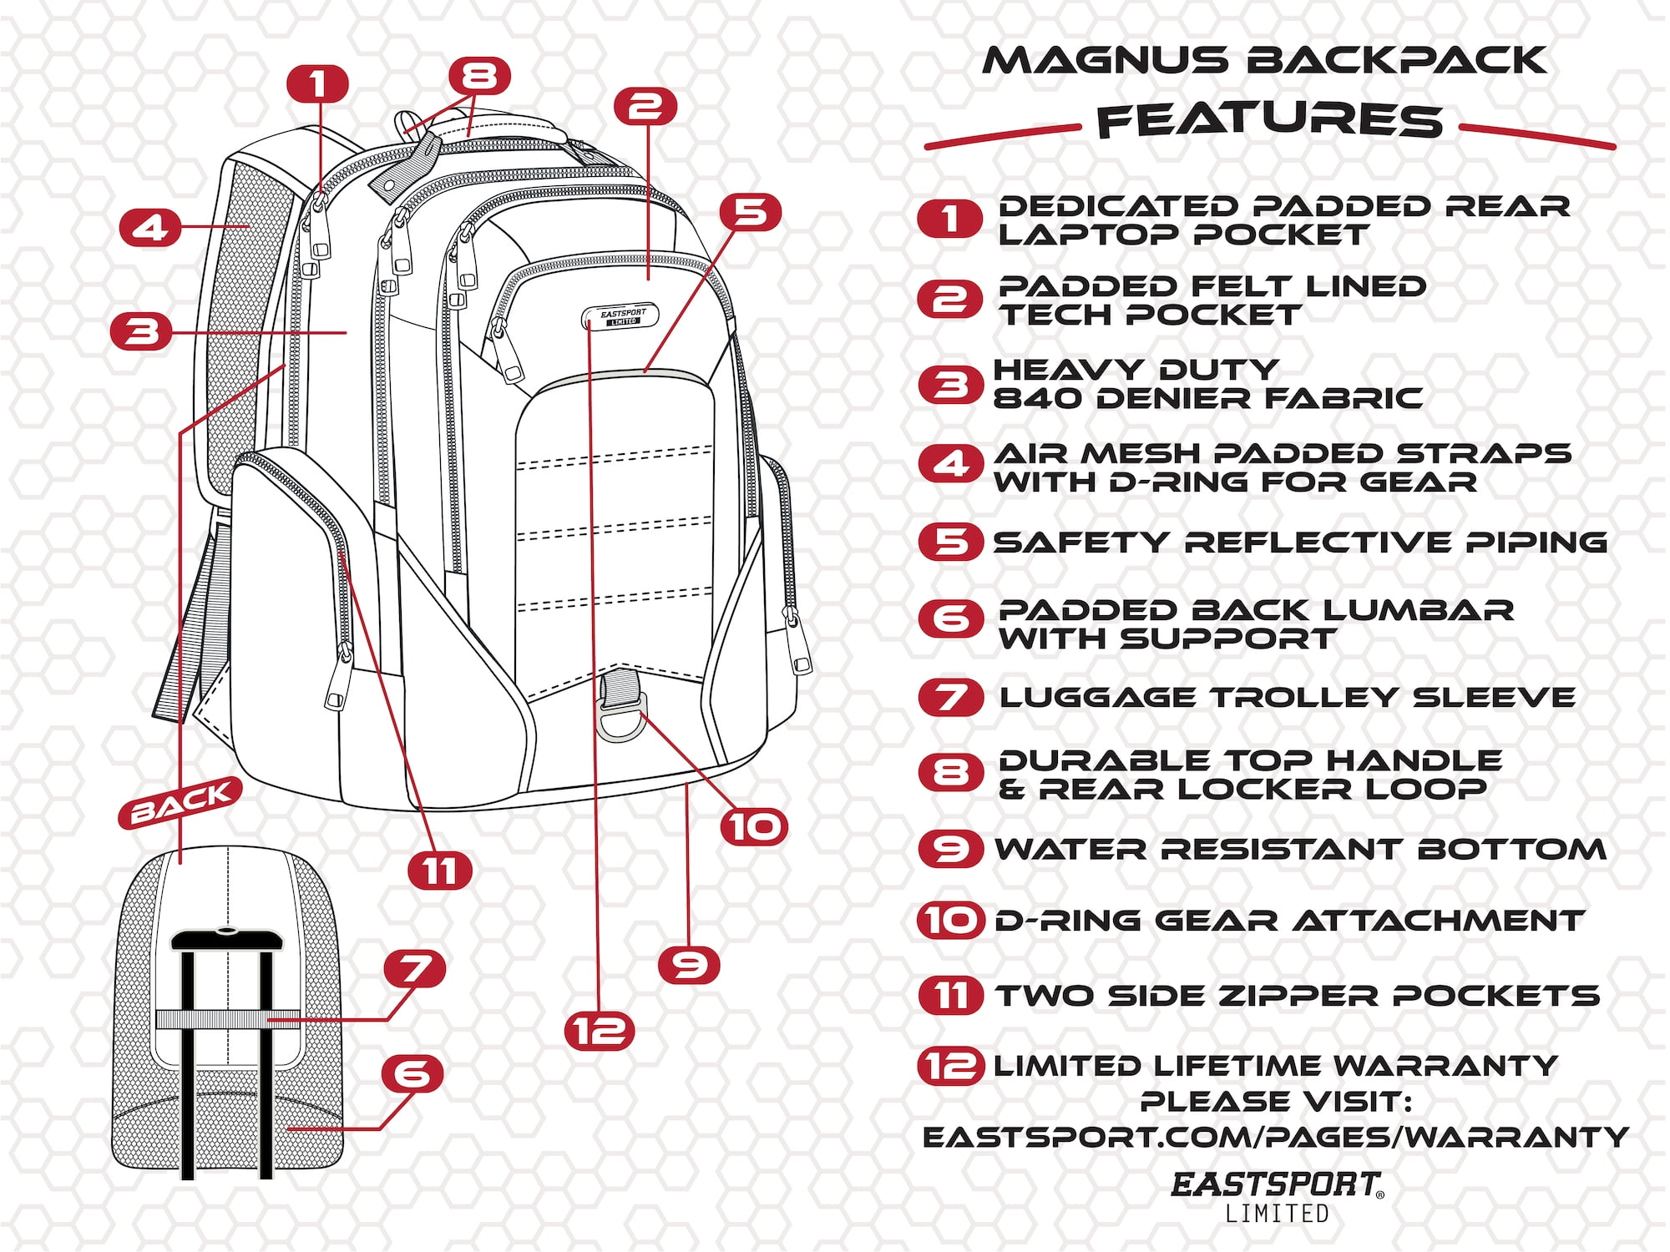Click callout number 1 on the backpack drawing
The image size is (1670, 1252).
(x=317, y=83)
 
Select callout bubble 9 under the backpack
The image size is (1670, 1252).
(x=689, y=965)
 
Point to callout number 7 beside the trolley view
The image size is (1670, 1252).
(x=414, y=968)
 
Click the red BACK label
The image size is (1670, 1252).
(x=180, y=802)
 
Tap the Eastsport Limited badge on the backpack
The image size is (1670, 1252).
(x=620, y=316)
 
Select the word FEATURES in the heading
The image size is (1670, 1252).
(x=1269, y=121)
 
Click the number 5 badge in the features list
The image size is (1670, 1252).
(x=950, y=542)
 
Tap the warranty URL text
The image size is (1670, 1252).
(x=1276, y=1137)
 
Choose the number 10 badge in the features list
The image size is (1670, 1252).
(x=950, y=921)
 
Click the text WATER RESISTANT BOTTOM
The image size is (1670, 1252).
(x=1299, y=850)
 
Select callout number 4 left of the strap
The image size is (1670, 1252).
(x=149, y=227)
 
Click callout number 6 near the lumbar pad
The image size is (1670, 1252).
(x=412, y=1073)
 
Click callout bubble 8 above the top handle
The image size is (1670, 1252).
(x=479, y=76)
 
